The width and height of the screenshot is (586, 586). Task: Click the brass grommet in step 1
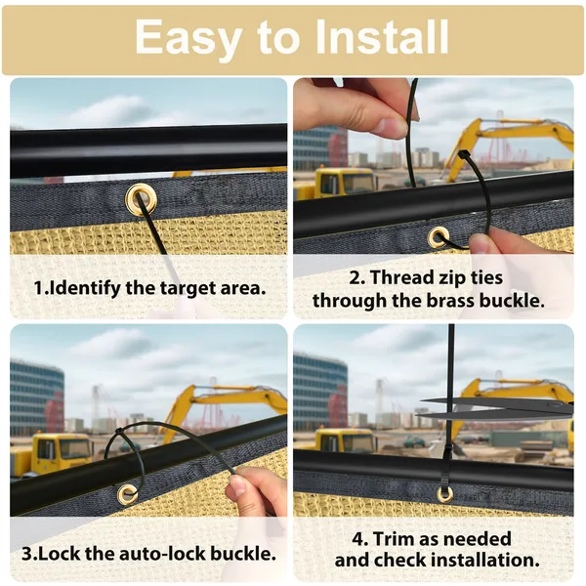click(x=141, y=199)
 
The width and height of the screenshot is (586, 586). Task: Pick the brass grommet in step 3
click(x=127, y=494)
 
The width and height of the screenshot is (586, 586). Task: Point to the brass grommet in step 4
click(x=444, y=494)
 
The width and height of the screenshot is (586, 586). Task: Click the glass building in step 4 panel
click(x=320, y=396)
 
